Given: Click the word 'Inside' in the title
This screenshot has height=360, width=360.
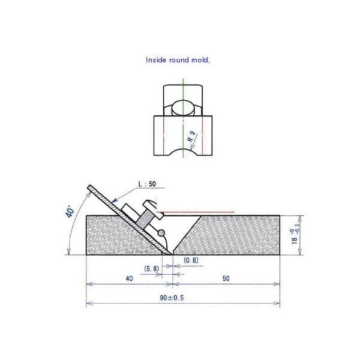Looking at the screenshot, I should point(157,60).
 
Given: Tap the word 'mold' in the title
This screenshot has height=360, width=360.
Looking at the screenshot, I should point(200,60).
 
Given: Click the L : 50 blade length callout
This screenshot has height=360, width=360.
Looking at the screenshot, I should point(147,185).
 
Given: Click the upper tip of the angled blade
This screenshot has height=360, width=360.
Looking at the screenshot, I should point(89,185).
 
